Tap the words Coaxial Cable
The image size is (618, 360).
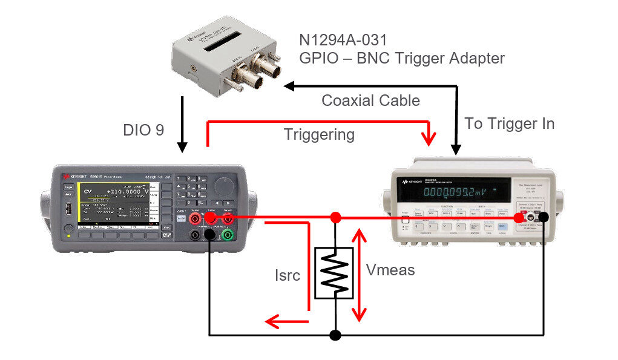click(x=370, y=100)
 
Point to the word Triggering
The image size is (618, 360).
click(x=319, y=134)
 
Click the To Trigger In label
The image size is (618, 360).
click(x=510, y=123)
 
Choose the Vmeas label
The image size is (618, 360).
click(x=391, y=270)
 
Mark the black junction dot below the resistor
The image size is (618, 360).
click(x=335, y=335)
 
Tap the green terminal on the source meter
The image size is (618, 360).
click(x=228, y=235)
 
